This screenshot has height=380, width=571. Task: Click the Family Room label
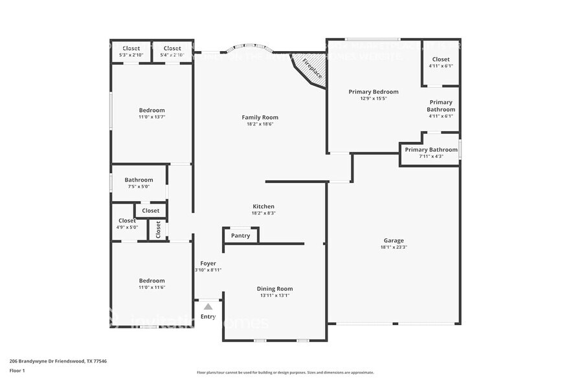[260, 117]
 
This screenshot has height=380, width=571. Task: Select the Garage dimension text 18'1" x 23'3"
[394, 247]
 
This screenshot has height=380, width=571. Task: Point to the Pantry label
[240, 236]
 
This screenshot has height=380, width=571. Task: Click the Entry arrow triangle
[208, 307]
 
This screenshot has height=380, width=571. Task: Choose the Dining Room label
[274, 289]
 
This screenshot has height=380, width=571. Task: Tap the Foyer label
[208, 263]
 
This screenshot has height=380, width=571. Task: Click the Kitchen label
[263, 206]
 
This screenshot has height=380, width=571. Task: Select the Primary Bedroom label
[373, 92]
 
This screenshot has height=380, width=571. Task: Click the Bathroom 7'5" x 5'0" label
[139, 180]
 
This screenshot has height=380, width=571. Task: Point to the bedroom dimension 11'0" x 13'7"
[151, 117]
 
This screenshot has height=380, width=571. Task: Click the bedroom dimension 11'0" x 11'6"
[151, 287]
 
